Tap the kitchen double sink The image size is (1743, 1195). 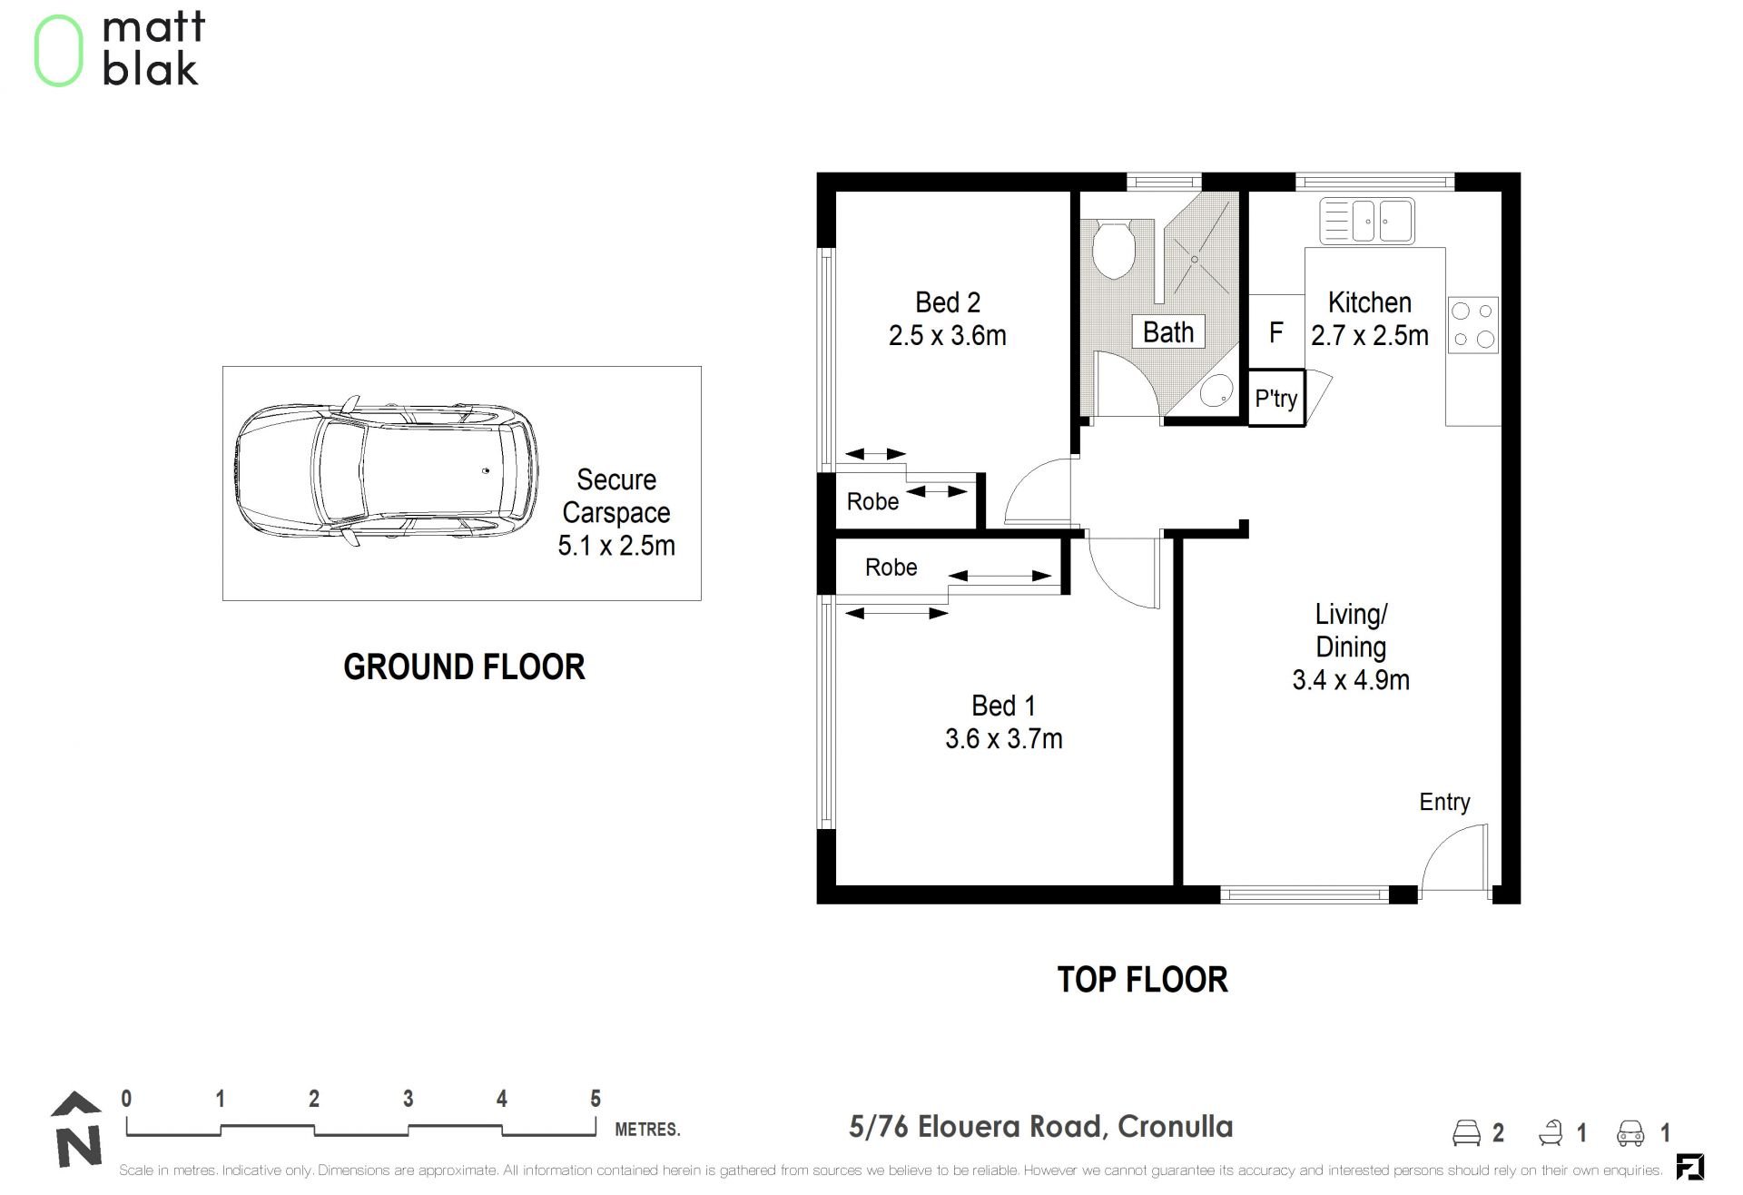(1367, 221)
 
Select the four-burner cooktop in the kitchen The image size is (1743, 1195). (1472, 325)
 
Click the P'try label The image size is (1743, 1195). (1276, 399)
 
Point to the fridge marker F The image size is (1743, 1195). (1276, 333)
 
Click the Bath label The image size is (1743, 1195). (1168, 332)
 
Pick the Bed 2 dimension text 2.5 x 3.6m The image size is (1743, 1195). (948, 336)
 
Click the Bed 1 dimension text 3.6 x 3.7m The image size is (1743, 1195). (1004, 739)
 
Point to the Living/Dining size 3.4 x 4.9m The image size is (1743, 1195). (1351, 680)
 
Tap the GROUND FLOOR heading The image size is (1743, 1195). (464, 667)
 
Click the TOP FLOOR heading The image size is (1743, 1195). (1143, 980)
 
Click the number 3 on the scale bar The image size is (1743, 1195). (409, 1099)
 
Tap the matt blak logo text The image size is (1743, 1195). (153, 49)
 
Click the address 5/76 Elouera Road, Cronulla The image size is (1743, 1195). (1041, 1127)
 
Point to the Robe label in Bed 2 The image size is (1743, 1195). (872, 501)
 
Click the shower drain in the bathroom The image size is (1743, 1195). (1195, 260)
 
